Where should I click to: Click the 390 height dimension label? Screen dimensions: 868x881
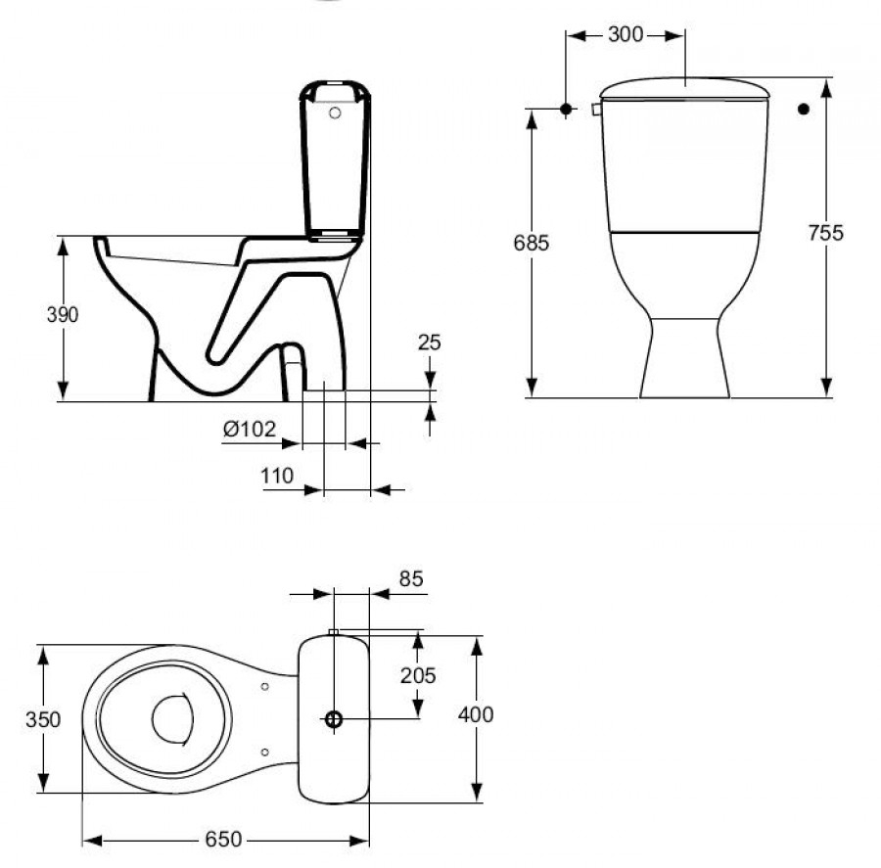pyautogui.click(x=62, y=314)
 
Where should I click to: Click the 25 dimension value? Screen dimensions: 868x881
pyautogui.click(x=429, y=343)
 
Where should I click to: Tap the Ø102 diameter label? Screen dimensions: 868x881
pyautogui.click(x=250, y=429)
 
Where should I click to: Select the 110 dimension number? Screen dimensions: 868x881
pyautogui.click(x=277, y=476)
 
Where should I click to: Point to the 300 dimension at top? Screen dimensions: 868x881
pyautogui.click(x=626, y=35)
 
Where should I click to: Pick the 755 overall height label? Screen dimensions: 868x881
pyautogui.click(x=826, y=233)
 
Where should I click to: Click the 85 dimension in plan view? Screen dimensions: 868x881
pyautogui.click(x=411, y=579)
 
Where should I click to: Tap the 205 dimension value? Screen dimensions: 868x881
pyautogui.click(x=418, y=675)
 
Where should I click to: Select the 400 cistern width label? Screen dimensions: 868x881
pyautogui.click(x=476, y=714)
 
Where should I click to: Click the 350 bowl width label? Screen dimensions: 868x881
pyautogui.click(x=43, y=719)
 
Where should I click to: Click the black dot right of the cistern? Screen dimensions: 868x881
pyautogui.click(x=804, y=110)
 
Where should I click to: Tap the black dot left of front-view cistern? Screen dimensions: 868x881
pyautogui.click(x=566, y=110)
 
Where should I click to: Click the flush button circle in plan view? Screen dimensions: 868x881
pyautogui.click(x=334, y=719)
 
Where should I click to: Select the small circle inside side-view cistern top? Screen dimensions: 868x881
pyautogui.click(x=335, y=114)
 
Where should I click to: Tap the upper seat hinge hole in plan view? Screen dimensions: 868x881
pyautogui.click(x=265, y=686)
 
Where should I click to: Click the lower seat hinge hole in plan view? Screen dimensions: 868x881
pyautogui.click(x=265, y=752)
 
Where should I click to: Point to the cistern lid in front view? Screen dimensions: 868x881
pyautogui.click(x=684, y=88)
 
